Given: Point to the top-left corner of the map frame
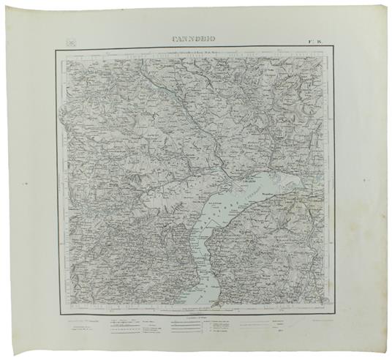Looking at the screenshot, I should click(x=56, y=49).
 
